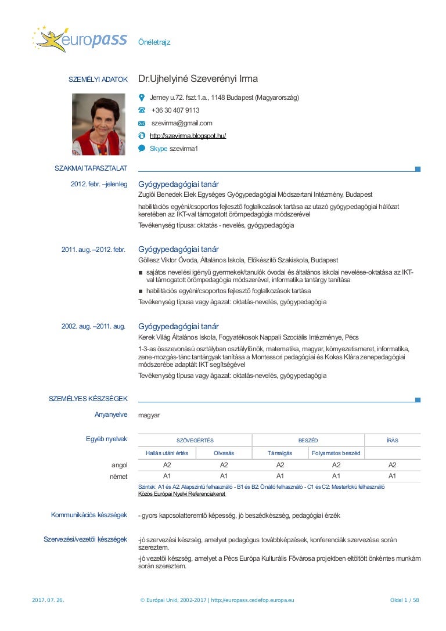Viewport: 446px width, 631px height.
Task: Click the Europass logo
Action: coord(71,39)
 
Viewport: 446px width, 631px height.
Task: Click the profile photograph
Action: coord(98,124)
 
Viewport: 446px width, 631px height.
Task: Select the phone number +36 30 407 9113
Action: coord(175,110)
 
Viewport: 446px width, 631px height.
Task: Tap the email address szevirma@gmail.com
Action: coord(182,123)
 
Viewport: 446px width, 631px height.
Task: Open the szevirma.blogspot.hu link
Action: coord(188,136)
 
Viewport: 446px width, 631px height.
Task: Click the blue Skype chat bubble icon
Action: coord(142,149)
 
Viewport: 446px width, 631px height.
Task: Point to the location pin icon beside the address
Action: coord(142,98)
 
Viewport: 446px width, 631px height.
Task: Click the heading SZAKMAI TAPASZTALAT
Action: coord(91,168)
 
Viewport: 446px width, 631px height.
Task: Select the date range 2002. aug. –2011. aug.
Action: coord(93,326)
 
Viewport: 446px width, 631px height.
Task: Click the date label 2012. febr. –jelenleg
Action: coord(99,184)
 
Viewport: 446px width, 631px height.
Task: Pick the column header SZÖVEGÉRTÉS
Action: coord(195,441)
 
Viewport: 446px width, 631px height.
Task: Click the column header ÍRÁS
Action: coord(392,441)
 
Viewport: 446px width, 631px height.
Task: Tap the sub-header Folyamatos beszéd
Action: coord(336,453)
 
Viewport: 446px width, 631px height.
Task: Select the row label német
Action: coord(118,476)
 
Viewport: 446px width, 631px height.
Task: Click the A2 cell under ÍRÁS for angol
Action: coord(392,465)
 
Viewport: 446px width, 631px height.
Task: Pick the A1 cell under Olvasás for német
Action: coord(224,476)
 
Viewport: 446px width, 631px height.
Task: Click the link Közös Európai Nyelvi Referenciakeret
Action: coord(182,494)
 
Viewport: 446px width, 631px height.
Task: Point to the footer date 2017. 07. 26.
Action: coord(48,600)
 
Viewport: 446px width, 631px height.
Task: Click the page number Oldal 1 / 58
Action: coord(404,600)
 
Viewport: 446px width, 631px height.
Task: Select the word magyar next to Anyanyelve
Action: coord(149,415)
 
